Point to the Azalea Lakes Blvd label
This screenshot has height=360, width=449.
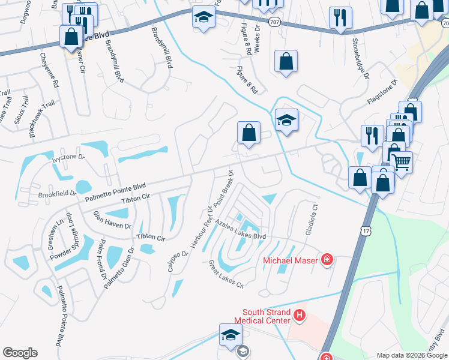click(241, 236)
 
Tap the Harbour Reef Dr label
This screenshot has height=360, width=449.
click(200, 229)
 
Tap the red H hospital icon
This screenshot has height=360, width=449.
click(300, 314)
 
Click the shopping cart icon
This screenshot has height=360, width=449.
click(400, 160)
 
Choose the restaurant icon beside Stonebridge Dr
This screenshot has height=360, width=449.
click(340, 17)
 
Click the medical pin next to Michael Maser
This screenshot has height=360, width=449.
click(327, 260)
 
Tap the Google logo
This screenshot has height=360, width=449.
click(20, 353)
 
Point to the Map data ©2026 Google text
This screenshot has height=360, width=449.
click(412, 355)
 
